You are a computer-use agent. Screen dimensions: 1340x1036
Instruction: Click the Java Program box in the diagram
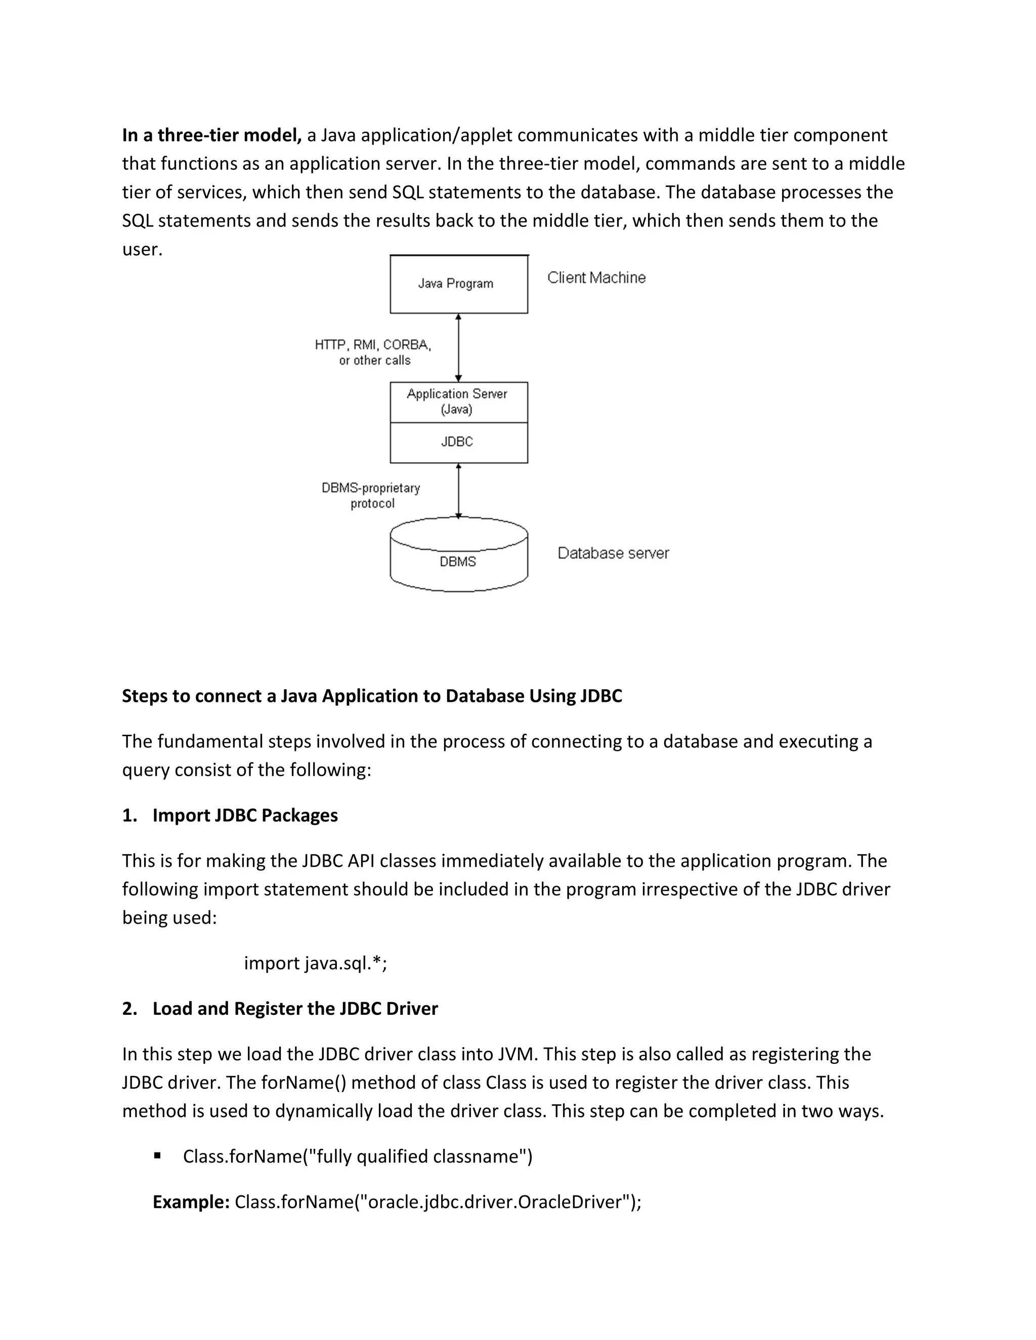[458, 284]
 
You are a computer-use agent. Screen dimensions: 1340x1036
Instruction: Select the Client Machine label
[596, 278]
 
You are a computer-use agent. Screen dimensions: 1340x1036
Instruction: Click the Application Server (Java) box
[458, 402]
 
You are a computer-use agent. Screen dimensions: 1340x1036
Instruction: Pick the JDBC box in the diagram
[458, 442]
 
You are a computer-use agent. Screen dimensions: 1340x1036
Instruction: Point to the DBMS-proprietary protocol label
[371, 495]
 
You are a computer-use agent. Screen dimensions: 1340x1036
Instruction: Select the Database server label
[613, 553]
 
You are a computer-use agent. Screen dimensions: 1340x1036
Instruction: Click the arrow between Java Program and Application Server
[458, 347]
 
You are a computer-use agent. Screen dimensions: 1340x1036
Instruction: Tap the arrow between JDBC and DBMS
[458, 491]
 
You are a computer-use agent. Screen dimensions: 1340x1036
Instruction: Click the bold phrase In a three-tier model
[211, 135]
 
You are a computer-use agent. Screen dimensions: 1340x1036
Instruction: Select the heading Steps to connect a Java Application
[371, 696]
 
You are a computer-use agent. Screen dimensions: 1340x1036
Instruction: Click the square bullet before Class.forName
[157, 1155]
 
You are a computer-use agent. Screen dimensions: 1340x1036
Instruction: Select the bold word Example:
[190, 1201]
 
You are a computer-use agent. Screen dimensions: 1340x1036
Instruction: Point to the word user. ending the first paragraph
[142, 250]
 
